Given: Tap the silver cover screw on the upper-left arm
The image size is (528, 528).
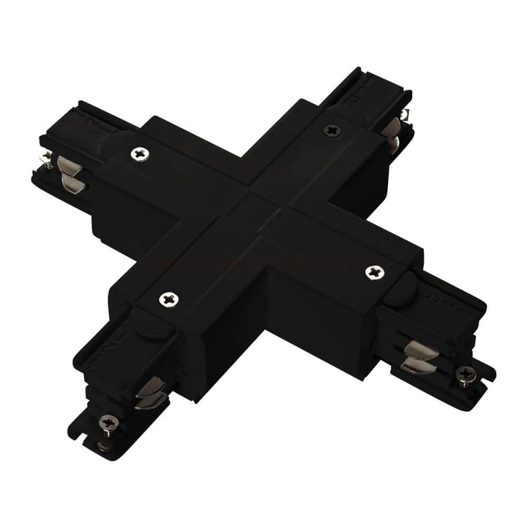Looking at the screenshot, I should pyautogui.click(x=140, y=154).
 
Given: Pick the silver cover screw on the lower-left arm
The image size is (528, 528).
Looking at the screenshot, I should pyautogui.click(x=169, y=299).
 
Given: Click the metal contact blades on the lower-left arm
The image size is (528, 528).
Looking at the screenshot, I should pyautogui.click(x=150, y=394).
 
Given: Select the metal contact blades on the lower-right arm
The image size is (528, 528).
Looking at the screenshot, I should pyautogui.click(x=420, y=356).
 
